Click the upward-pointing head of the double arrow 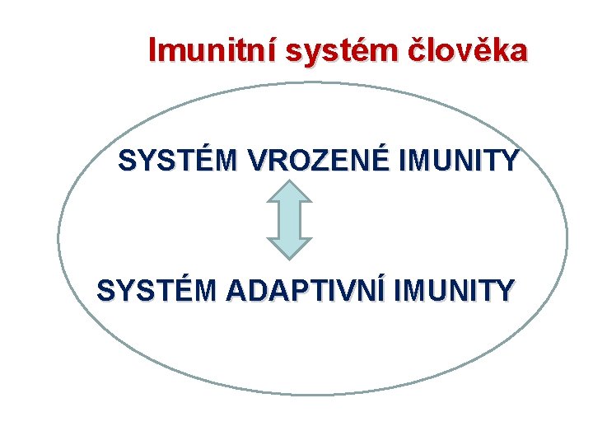click(289, 192)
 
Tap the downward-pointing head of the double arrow click(289, 248)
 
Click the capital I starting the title click(152, 51)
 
